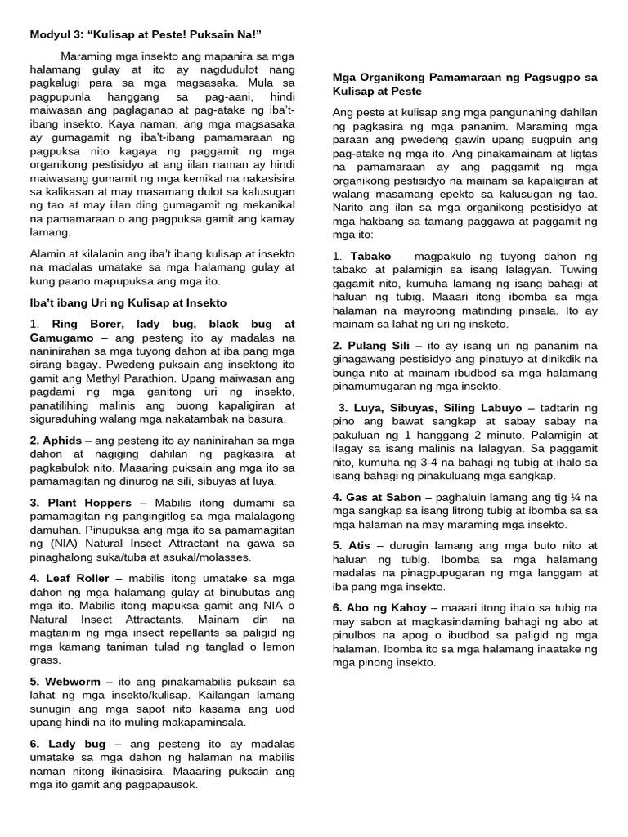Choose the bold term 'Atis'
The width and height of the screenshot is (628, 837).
357,544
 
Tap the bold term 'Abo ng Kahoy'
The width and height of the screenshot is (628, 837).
385,607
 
